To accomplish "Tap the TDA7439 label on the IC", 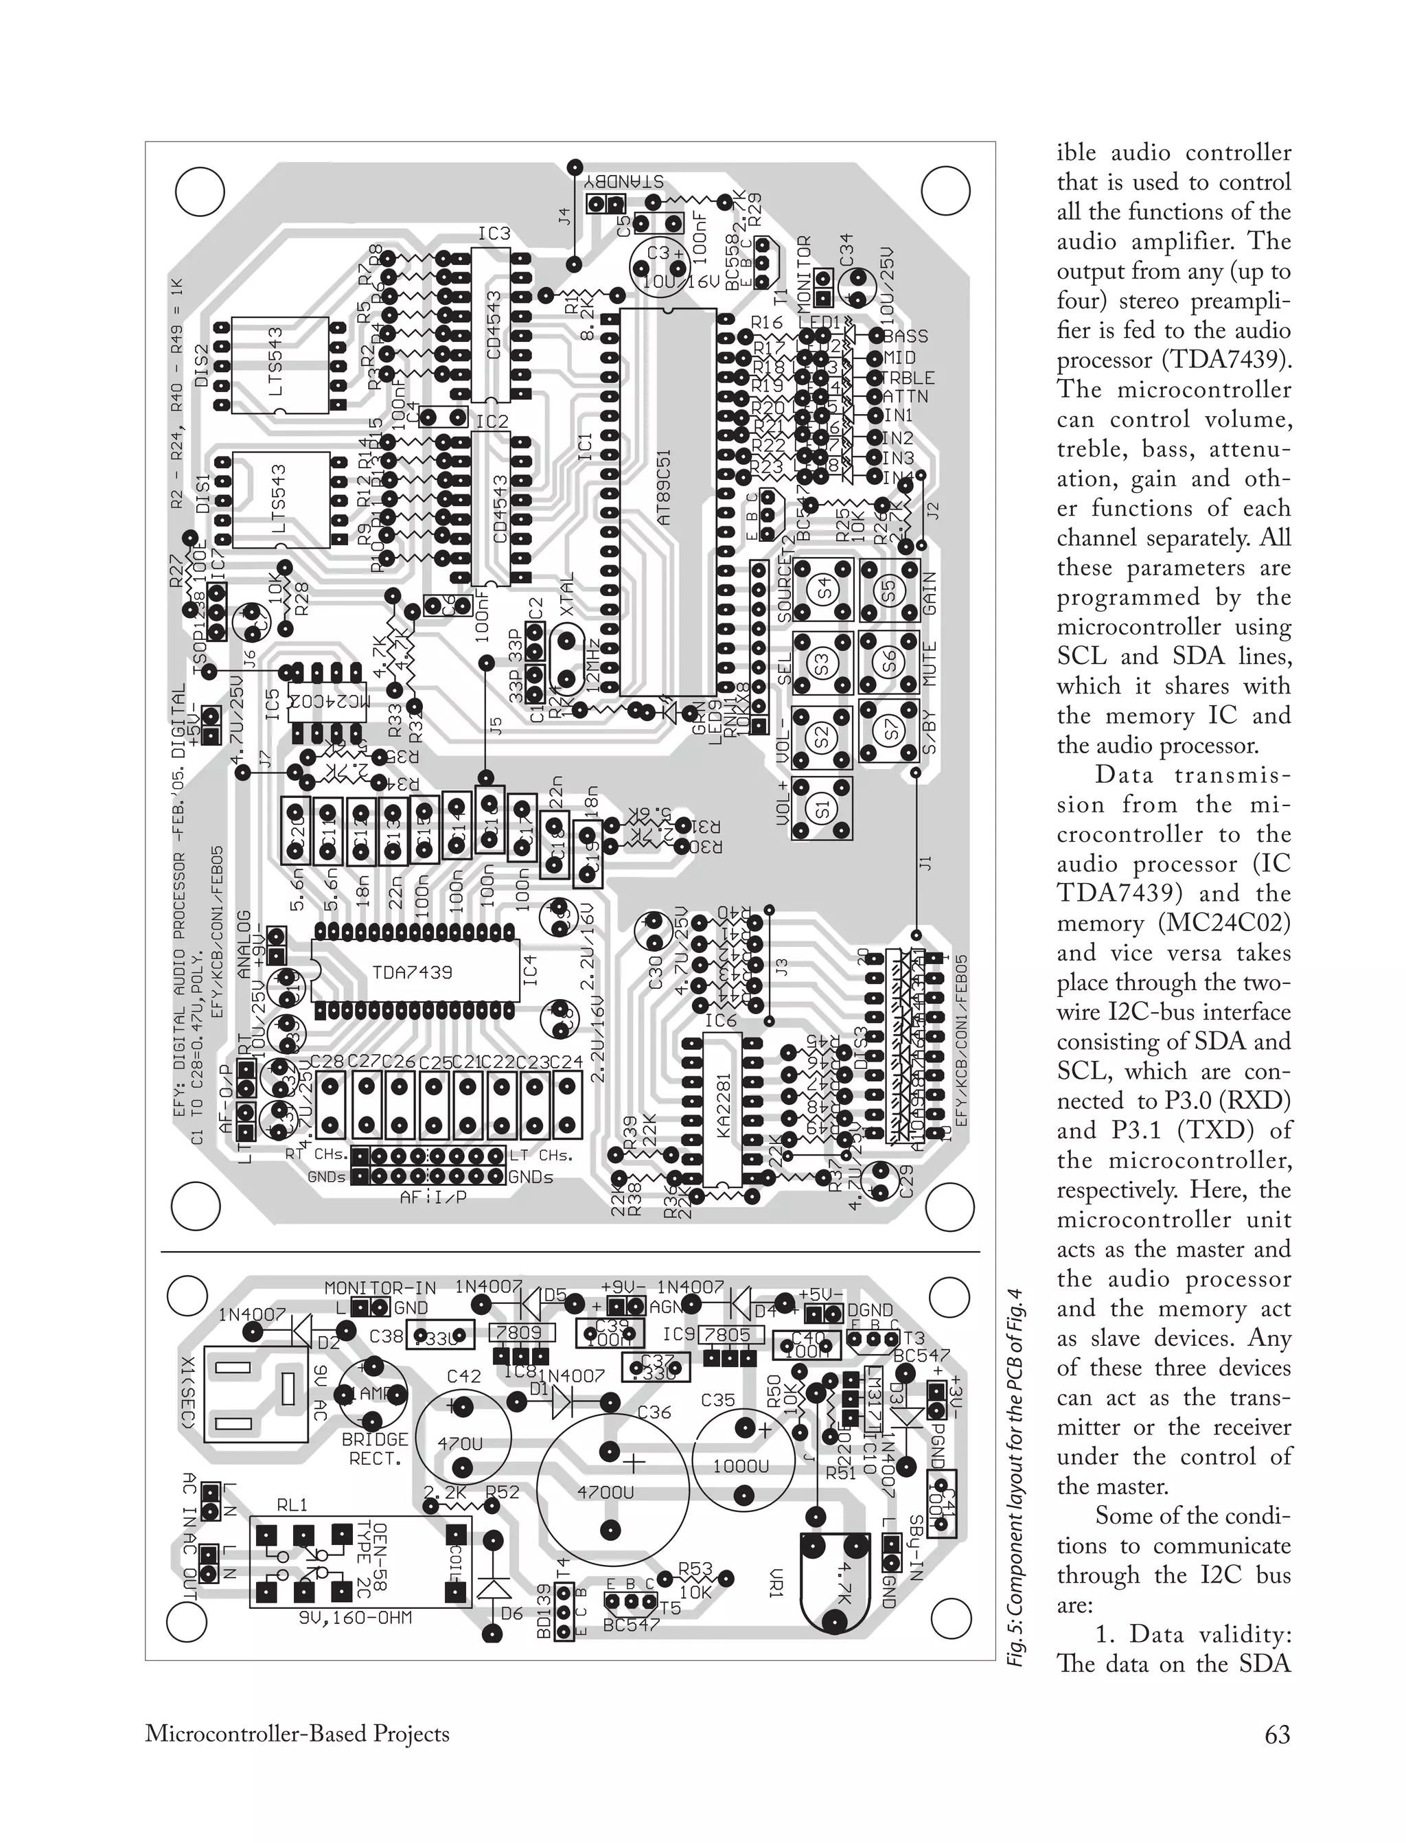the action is coord(412,972).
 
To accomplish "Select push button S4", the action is coord(825,586).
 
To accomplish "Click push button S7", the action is coord(889,730).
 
